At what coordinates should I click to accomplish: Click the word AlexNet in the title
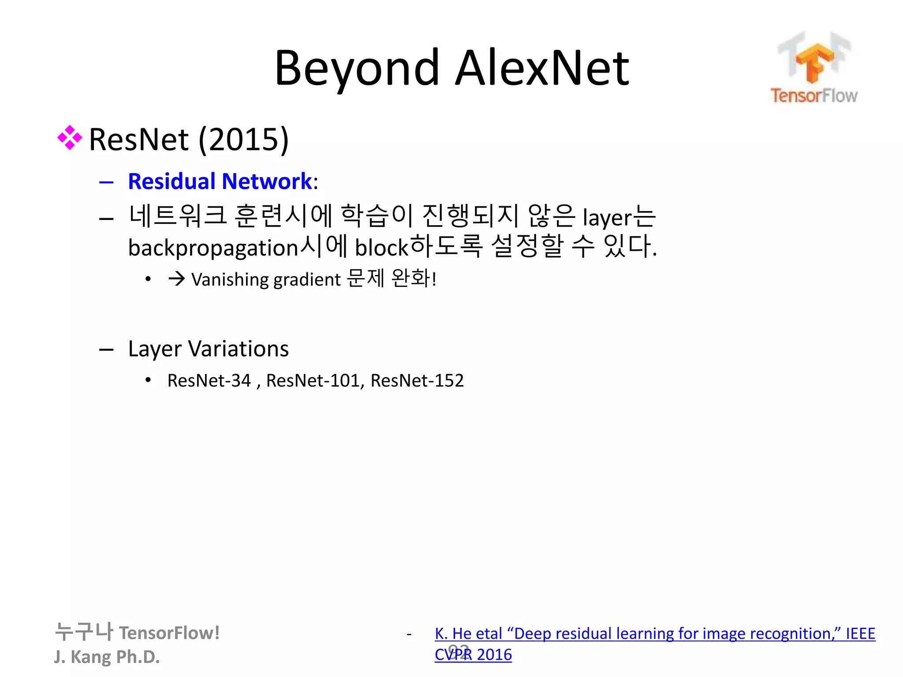[x=541, y=68]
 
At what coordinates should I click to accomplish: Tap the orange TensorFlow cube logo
[x=814, y=62]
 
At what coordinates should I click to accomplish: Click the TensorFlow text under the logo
[x=814, y=96]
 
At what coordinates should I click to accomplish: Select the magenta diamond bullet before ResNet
[x=70, y=138]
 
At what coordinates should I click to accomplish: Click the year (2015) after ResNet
[x=243, y=140]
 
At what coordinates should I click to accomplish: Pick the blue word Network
[x=267, y=181]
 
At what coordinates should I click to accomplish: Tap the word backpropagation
[x=213, y=248]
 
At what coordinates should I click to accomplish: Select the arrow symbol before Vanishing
[x=176, y=279]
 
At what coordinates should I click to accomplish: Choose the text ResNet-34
[x=209, y=380]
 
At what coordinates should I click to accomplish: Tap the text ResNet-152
[x=417, y=380]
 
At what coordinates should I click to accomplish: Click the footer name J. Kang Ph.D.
[x=107, y=657]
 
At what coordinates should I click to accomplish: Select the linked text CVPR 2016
[x=473, y=655]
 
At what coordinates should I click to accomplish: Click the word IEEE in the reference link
[x=860, y=634]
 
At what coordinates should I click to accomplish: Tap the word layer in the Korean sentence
[x=608, y=218]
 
